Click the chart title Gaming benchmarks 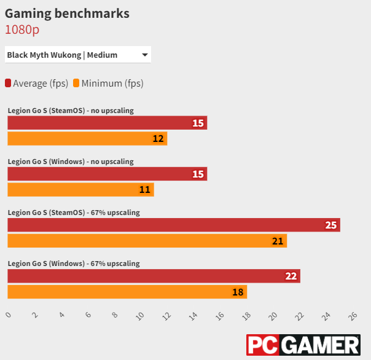point(67,13)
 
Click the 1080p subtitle point(22,29)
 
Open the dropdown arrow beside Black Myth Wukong point(145,55)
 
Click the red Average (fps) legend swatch point(8,83)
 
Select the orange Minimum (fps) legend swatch point(76,83)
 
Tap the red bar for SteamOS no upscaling point(107,123)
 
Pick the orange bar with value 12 point(87,138)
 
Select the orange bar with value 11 point(80,189)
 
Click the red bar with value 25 point(173,225)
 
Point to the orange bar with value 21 point(147,240)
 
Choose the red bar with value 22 point(154,276)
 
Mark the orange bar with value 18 point(127,291)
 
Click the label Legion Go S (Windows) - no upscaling point(71,162)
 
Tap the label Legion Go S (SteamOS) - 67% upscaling point(74,213)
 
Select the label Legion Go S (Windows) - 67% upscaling point(74,264)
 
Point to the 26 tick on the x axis point(353,316)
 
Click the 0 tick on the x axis point(8,315)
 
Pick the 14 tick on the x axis point(193,316)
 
